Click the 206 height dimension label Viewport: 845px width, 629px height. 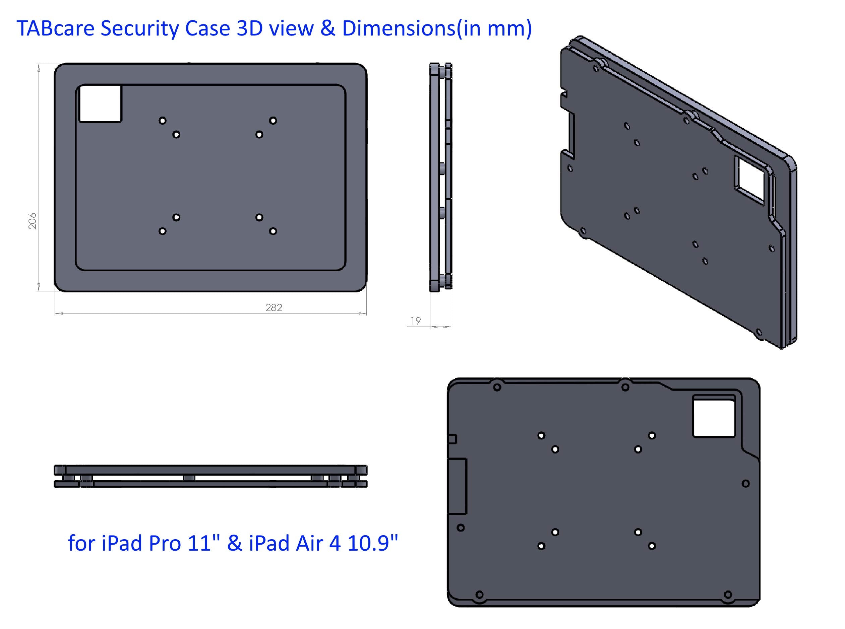coord(33,221)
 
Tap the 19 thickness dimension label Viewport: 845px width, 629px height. coord(416,321)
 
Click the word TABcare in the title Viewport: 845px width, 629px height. coord(55,28)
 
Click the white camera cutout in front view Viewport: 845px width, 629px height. coord(100,103)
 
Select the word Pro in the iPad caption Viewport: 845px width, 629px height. coord(165,543)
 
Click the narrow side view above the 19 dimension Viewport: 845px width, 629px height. coord(441,177)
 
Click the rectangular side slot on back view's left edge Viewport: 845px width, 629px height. coord(457,486)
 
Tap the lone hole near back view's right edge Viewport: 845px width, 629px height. coord(745,484)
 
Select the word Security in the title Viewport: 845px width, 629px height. coord(139,28)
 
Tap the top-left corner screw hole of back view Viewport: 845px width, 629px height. coord(497,387)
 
